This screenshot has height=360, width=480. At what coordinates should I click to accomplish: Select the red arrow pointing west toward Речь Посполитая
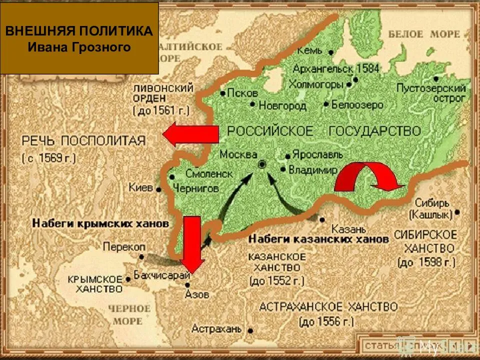pyautogui.click(x=190, y=135)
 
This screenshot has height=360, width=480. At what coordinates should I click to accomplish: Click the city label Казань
pyautogui.click(x=343, y=229)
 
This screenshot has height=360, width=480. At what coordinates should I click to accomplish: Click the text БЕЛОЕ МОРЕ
pyautogui.click(x=424, y=34)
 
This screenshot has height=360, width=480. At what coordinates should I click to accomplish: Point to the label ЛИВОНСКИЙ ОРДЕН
pyautogui.click(x=163, y=93)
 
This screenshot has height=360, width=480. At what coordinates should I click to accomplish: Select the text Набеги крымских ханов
pyautogui.click(x=100, y=223)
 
